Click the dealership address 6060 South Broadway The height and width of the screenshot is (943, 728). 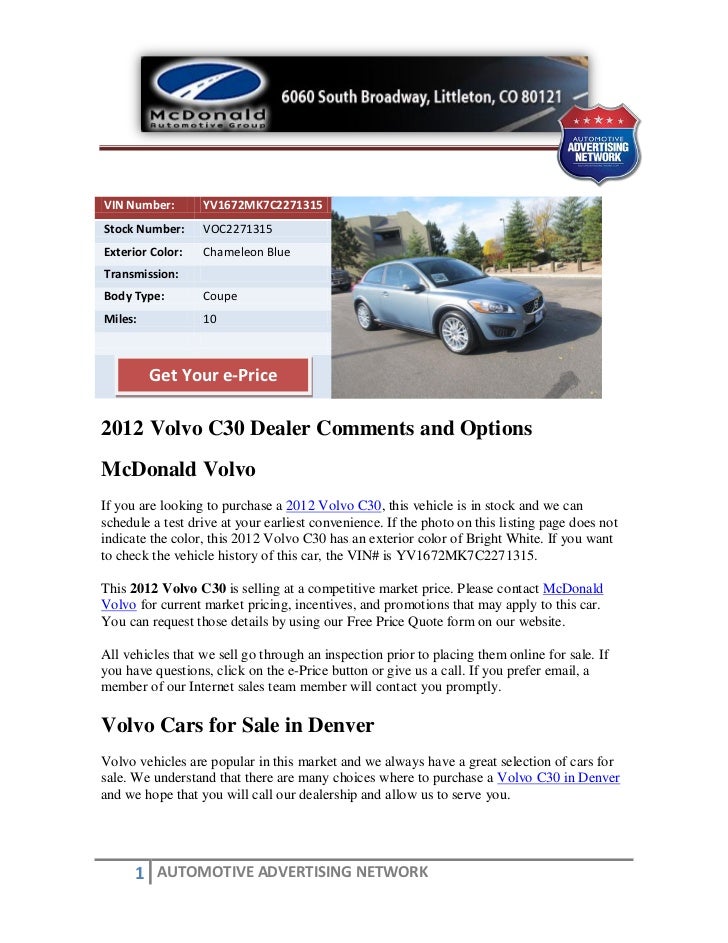click(420, 98)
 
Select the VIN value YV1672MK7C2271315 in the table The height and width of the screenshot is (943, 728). click(262, 206)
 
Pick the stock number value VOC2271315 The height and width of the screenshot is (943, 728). click(237, 229)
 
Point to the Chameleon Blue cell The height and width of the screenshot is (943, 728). click(246, 252)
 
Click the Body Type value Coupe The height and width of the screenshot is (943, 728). click(220, 297)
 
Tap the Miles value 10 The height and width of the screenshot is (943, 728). click(209, 320)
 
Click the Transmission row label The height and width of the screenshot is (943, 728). click(141, 274)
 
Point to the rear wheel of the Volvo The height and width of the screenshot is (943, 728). click(365, 315)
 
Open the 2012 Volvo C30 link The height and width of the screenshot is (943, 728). click(334, 506)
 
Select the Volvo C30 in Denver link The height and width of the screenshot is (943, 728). click(558, 777)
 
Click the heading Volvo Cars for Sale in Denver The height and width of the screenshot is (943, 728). click(238, 724)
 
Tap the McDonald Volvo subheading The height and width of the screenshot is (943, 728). click(179, 470)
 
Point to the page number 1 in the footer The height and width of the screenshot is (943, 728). click(140, 874)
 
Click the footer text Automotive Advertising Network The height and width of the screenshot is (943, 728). click(292, 872)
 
